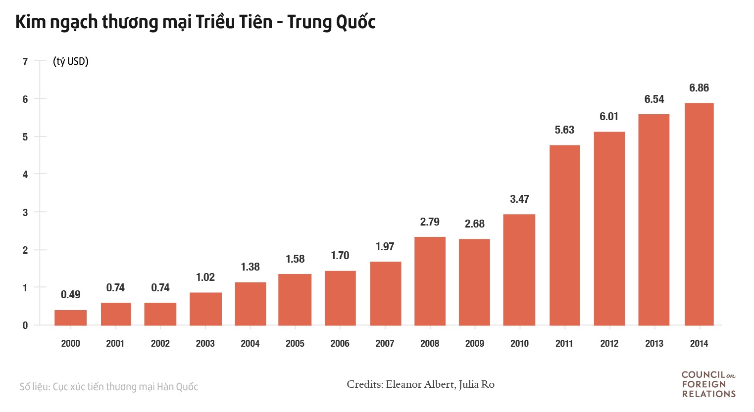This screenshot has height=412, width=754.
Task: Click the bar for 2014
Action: pyautogui.click(x=699, y=214)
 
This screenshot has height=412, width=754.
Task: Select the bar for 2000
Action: pyautogui.click(x=70, y=318)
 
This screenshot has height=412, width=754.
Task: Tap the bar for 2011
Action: pyautogui.click(x=564, y=235)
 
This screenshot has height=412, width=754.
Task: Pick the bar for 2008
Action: pyautogui.click(x=430, y=281)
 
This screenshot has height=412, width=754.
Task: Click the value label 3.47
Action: pyautogui.click(x=519, y=199)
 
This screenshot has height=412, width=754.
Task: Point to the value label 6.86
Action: pyautogui.click(x=699, y=88)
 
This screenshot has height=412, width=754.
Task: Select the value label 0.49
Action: pyautogui.click(x=70, y=295)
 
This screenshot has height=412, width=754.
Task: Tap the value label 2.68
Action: pyautogui.click(x=474, y=224)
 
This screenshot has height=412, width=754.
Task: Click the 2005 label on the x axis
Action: pyautogui.click(x=295, y=344)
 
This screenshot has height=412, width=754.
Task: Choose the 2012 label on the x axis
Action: pyautogui.click(x=609, y=344)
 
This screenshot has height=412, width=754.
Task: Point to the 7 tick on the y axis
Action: pyautogui.click(x=25, y=62)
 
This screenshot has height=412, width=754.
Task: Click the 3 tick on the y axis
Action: pyautogui.click(x=25, y=212)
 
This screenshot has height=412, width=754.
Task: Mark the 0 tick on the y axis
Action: pyautogui.click(x=25, y=325)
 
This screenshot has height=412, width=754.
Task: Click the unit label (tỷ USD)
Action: pyautogui.click(x=71, y=61)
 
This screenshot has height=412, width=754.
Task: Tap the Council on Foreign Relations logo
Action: pyautogui.click(x=708, y=384)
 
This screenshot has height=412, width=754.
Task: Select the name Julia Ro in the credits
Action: pyautogui.click(x=476, y=384)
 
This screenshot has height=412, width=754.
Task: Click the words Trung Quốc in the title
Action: pyautogui.click(x=331, y=22)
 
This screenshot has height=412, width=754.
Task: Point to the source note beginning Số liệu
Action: pyautogui.click(x=109, y=387)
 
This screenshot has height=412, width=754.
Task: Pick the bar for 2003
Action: pyautogui.click(x=205, y=309)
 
